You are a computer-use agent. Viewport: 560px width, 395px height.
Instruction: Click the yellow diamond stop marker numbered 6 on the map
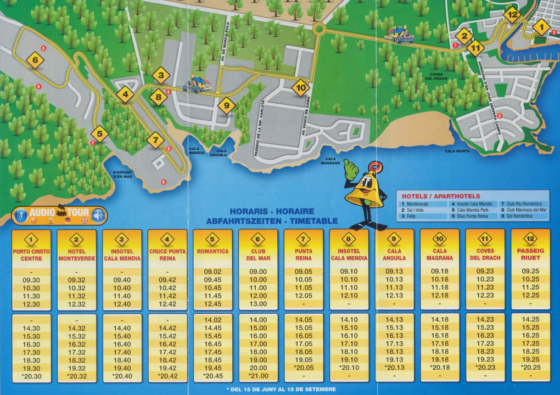(x=35, y=60)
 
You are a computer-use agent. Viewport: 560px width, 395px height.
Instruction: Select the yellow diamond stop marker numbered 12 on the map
(x=512, y=15)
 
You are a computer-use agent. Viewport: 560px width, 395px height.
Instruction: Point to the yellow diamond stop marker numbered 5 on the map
(x=99, y=133)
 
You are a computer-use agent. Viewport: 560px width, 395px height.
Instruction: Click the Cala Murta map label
(x=457, y=151)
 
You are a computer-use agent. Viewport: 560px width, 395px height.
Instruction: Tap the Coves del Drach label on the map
(x=436, y=77)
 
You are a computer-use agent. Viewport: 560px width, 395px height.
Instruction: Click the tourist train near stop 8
(x=197, y=84)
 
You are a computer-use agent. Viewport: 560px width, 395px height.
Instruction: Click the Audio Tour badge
(x=60, y=215)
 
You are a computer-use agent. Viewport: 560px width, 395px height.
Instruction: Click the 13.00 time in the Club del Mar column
(x=258, y=304)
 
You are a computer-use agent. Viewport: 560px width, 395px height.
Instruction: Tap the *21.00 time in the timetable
(x=258, y=376)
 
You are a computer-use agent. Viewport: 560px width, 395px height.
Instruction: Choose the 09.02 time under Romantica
(x=212, y=272)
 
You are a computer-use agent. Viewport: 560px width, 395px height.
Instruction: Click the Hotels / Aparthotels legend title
(x=441, y=196)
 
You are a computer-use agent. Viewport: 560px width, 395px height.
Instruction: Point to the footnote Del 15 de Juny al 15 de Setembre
(x=281, y=389)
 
